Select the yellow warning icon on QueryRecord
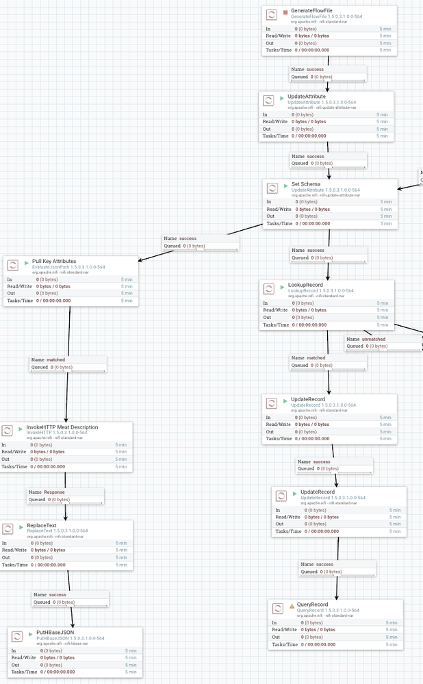click(x=292, y=605)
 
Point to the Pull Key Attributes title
click(x=54, y=261)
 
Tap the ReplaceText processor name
click(x=42, y=525)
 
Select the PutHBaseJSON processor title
click(x=55, y=632)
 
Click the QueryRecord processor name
click(x=312, y=605)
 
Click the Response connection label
click(x=54, y=492)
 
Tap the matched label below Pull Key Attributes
click(x=56, y=359)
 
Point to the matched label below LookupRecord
click(x=316, y=357)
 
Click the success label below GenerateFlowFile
click(x=316, y=69)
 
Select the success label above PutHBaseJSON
click(x=57, y=594)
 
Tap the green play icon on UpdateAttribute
click(x=281, y=97)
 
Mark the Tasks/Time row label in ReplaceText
click(x=14, y=565)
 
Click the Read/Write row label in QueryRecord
click(x=285, y=629)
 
